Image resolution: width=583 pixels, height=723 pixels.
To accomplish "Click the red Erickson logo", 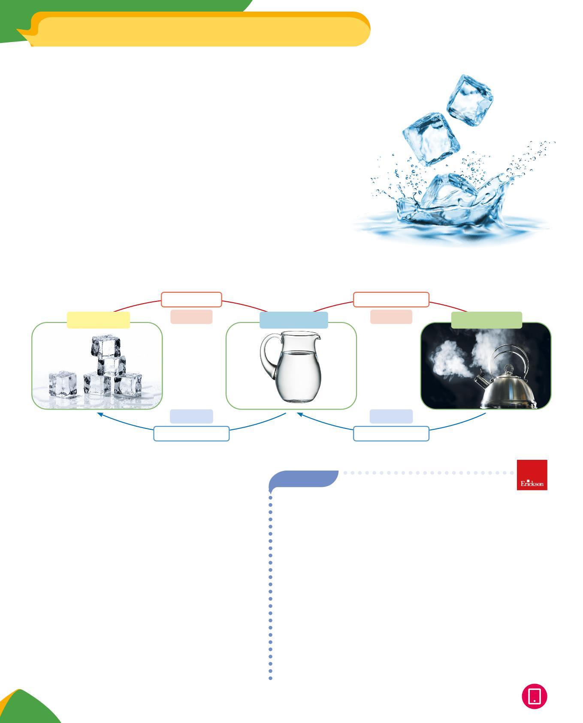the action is (532, 474).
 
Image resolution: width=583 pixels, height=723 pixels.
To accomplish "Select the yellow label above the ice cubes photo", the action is (98, 320).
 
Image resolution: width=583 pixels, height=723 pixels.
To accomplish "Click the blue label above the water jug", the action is (294, 320).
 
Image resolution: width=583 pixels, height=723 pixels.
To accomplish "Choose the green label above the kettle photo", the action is (486, 320).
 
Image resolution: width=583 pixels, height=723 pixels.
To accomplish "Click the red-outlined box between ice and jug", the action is (191, 299).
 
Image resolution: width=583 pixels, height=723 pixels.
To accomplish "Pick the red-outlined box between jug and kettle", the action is (391, 299).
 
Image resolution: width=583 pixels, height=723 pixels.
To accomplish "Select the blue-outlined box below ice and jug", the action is (191, 434).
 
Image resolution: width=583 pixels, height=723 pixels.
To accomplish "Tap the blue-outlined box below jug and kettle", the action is (391, 434).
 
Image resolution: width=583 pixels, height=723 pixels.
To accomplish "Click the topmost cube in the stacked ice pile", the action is (106, 346).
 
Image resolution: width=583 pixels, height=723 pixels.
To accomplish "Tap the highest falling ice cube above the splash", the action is (470, 96).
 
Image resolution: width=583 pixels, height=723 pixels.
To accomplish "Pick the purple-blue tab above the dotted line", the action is (305, 478).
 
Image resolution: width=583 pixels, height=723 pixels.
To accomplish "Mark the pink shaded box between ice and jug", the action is (191, 317).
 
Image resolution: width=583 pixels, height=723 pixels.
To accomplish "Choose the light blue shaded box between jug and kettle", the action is (391, 416).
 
